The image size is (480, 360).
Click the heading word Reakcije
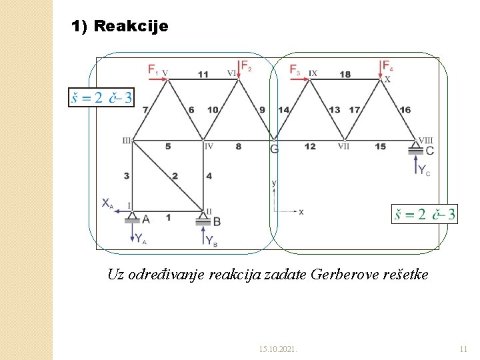131,27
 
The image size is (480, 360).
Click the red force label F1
153,69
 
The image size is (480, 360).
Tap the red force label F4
387,65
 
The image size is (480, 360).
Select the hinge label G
274,149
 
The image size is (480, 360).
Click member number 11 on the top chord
203,74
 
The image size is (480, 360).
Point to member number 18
345,74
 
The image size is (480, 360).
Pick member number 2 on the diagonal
175,176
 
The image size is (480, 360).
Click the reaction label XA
107,203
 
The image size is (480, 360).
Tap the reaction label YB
211,241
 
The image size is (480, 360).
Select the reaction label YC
424,171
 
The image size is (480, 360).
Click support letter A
146,219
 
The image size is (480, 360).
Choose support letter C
429,151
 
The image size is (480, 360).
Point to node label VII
343,146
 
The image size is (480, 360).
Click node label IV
209,146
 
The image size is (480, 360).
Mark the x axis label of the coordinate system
301,211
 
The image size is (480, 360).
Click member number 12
310,147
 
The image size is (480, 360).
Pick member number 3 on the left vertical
126,176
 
